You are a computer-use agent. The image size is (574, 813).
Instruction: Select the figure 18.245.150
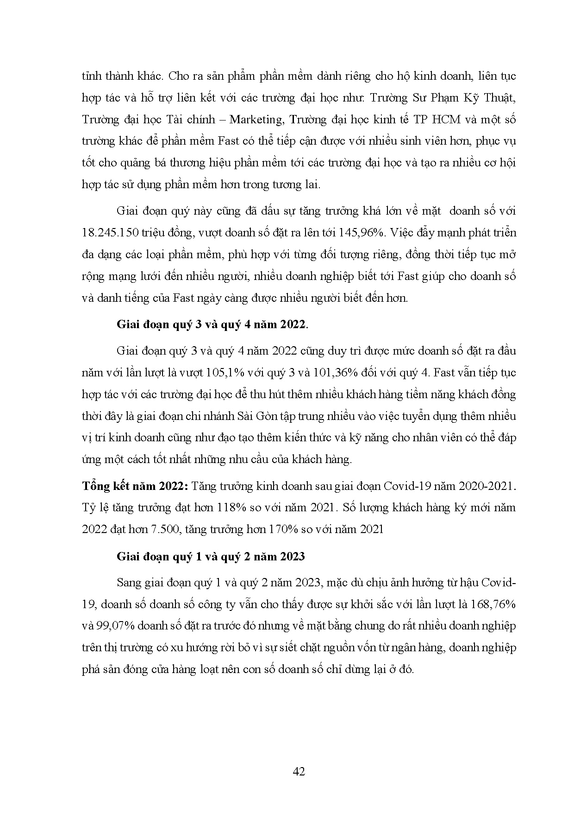[108, 233]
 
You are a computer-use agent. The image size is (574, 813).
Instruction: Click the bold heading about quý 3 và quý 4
[212, 324]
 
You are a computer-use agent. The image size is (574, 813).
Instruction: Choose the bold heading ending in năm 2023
[211, 556]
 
